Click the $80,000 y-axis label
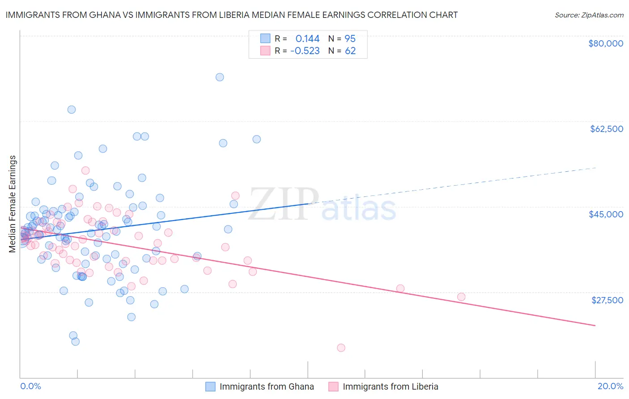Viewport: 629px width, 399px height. click(606, 43)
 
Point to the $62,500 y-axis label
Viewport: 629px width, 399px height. click(607, 129)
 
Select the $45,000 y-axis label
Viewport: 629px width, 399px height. click(606, 214)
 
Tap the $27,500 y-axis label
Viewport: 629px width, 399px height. click(607, 300)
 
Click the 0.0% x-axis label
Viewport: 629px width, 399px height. click(30, 386)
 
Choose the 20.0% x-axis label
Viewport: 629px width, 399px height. click(610, 386)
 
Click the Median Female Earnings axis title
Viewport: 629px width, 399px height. click(13, 204)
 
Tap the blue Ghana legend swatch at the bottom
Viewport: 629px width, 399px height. click(210, 386)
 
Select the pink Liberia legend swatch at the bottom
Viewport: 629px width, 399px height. click(333, 386)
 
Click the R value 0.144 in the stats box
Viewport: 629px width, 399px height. click(307, 38)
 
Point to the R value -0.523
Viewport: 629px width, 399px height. click(305, 51)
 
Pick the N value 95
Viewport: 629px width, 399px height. click(350, 38)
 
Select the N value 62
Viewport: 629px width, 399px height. click(350, 51)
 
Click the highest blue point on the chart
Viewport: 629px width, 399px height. click(220, 77)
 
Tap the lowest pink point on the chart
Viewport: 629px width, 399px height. click(341, 348)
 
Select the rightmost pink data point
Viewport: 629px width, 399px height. click(461, 297)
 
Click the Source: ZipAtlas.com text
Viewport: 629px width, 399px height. click(589, 15)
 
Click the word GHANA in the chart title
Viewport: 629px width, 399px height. click(99, 15)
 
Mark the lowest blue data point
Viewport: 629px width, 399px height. click(76, 341)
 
